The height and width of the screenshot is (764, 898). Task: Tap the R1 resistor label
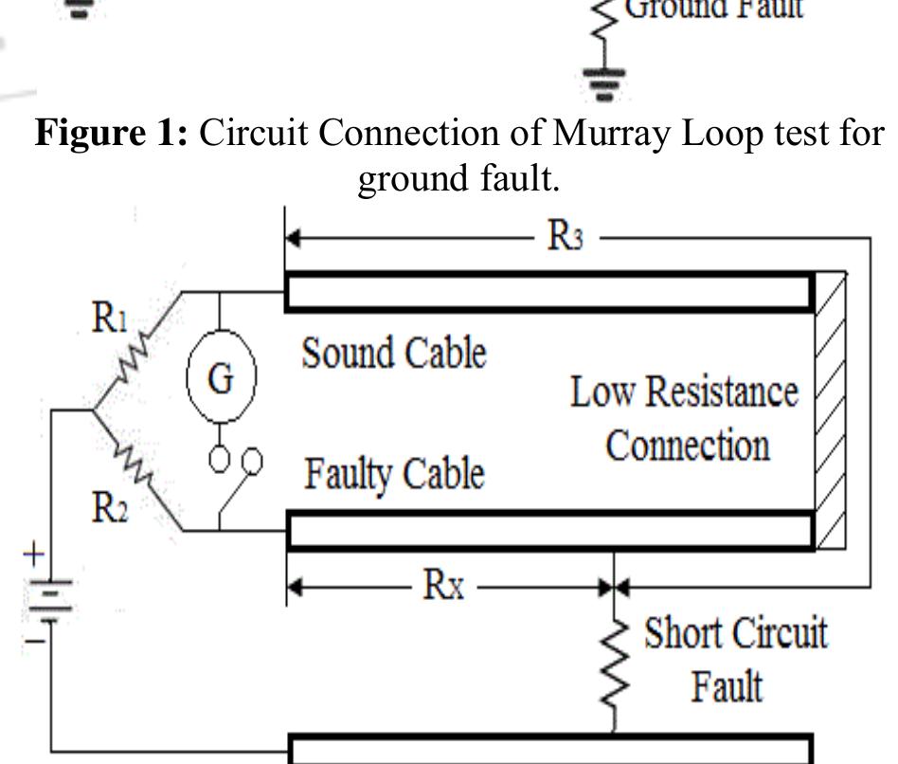point(109,317)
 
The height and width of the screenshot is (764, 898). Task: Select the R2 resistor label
point(110,507)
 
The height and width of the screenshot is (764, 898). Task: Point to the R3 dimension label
point(566,236)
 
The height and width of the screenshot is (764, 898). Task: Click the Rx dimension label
point(443,585)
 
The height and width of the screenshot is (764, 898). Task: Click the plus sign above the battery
point(34,555)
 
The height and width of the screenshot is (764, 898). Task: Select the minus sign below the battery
point(33,640)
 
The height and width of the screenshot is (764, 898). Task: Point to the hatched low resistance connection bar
point(831,410)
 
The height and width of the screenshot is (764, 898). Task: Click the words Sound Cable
point(394,353)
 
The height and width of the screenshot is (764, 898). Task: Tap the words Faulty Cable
point(394,474)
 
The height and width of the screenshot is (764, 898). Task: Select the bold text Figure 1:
point(111,133)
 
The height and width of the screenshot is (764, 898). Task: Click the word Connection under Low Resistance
point(688,446)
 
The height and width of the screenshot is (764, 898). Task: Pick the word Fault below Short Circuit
point(727,686)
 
